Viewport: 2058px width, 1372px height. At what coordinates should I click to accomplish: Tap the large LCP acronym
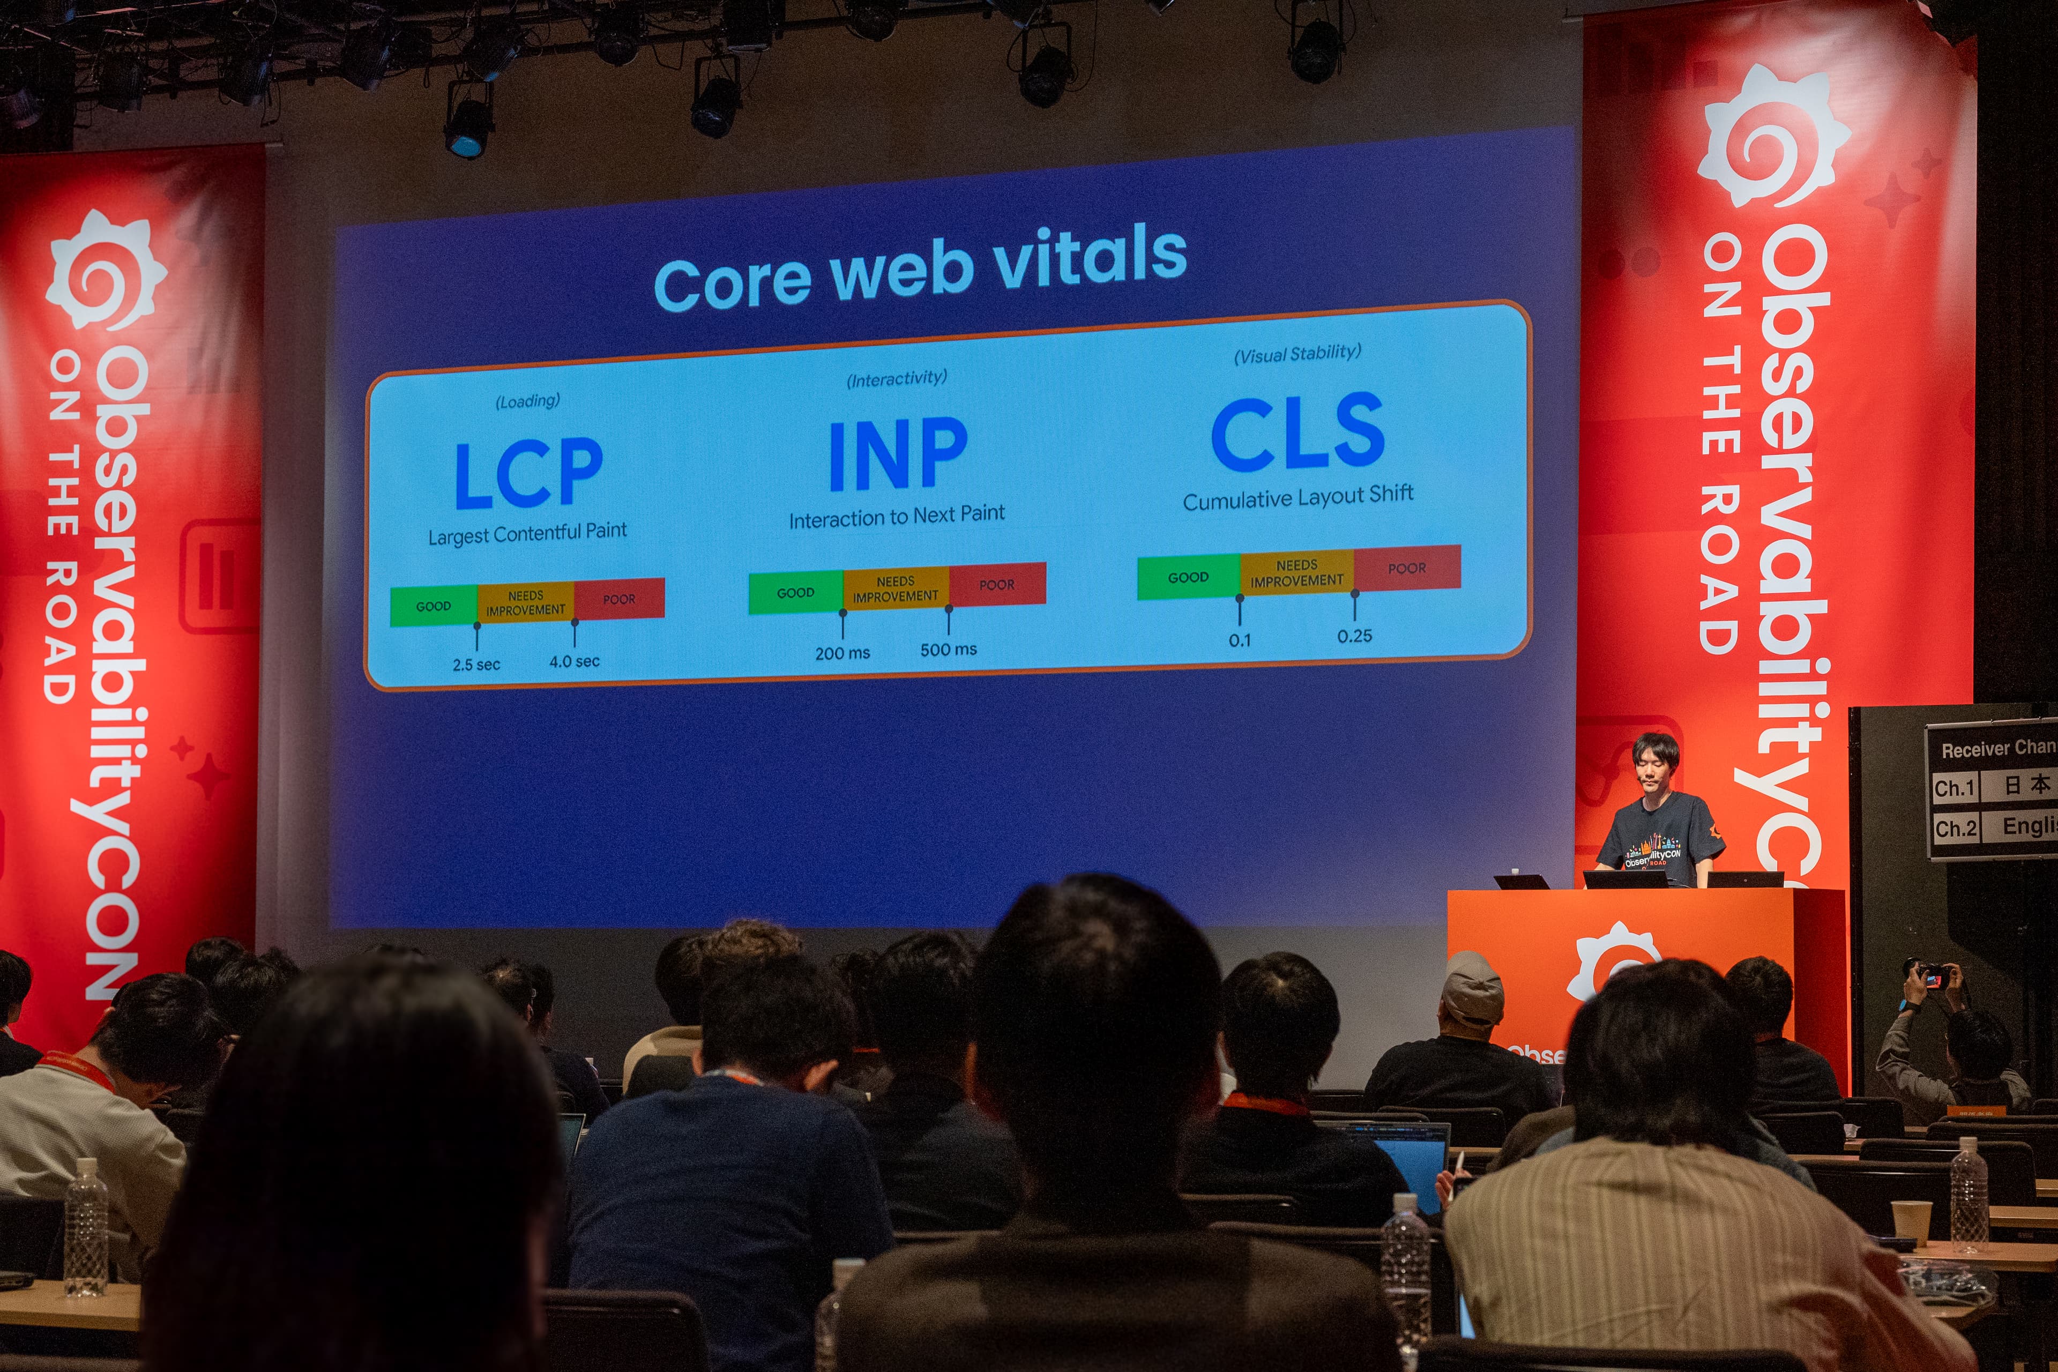tap(528, 473)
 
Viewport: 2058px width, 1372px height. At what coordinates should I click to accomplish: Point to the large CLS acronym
tap(1298, 433)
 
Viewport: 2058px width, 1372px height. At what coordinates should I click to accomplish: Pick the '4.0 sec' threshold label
tap(574, 661)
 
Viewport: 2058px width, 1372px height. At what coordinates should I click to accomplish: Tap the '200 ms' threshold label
tap(842, 653)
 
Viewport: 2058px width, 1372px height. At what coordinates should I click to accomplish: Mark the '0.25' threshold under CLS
tap(1354, 636)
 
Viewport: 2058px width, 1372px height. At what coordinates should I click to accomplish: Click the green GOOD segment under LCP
tap(433, 606)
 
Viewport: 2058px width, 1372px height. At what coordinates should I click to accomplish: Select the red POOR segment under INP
tap(997, 584)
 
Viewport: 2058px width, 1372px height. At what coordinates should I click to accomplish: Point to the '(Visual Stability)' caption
tap(1297, 353)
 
